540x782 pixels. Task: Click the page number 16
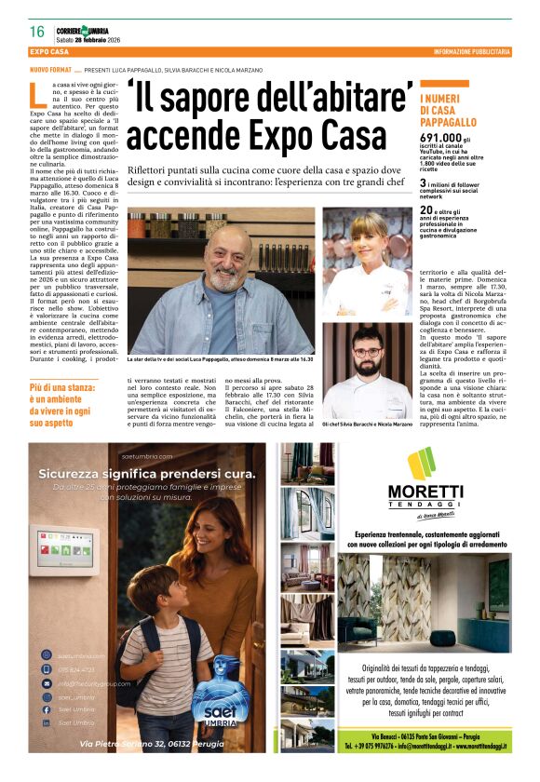click(37, 32)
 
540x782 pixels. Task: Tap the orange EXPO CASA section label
click(50, 52)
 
